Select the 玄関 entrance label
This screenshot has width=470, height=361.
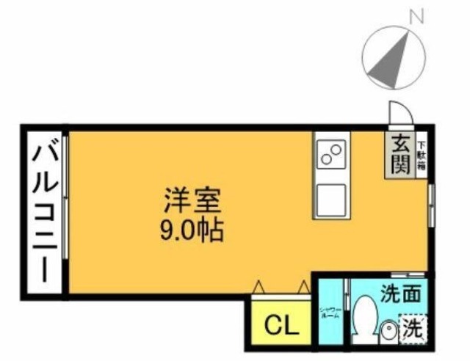(x=399, y=154)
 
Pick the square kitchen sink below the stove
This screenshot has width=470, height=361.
(x=331, y=199)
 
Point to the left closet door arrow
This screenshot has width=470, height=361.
(x=258, y=287)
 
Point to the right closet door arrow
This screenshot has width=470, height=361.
(x=303, y=287)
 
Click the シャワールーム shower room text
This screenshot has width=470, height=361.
(x=329, y=313)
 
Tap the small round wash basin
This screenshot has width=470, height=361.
(x=389, y=332)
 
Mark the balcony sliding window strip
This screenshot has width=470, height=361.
(x=66, y=196)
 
